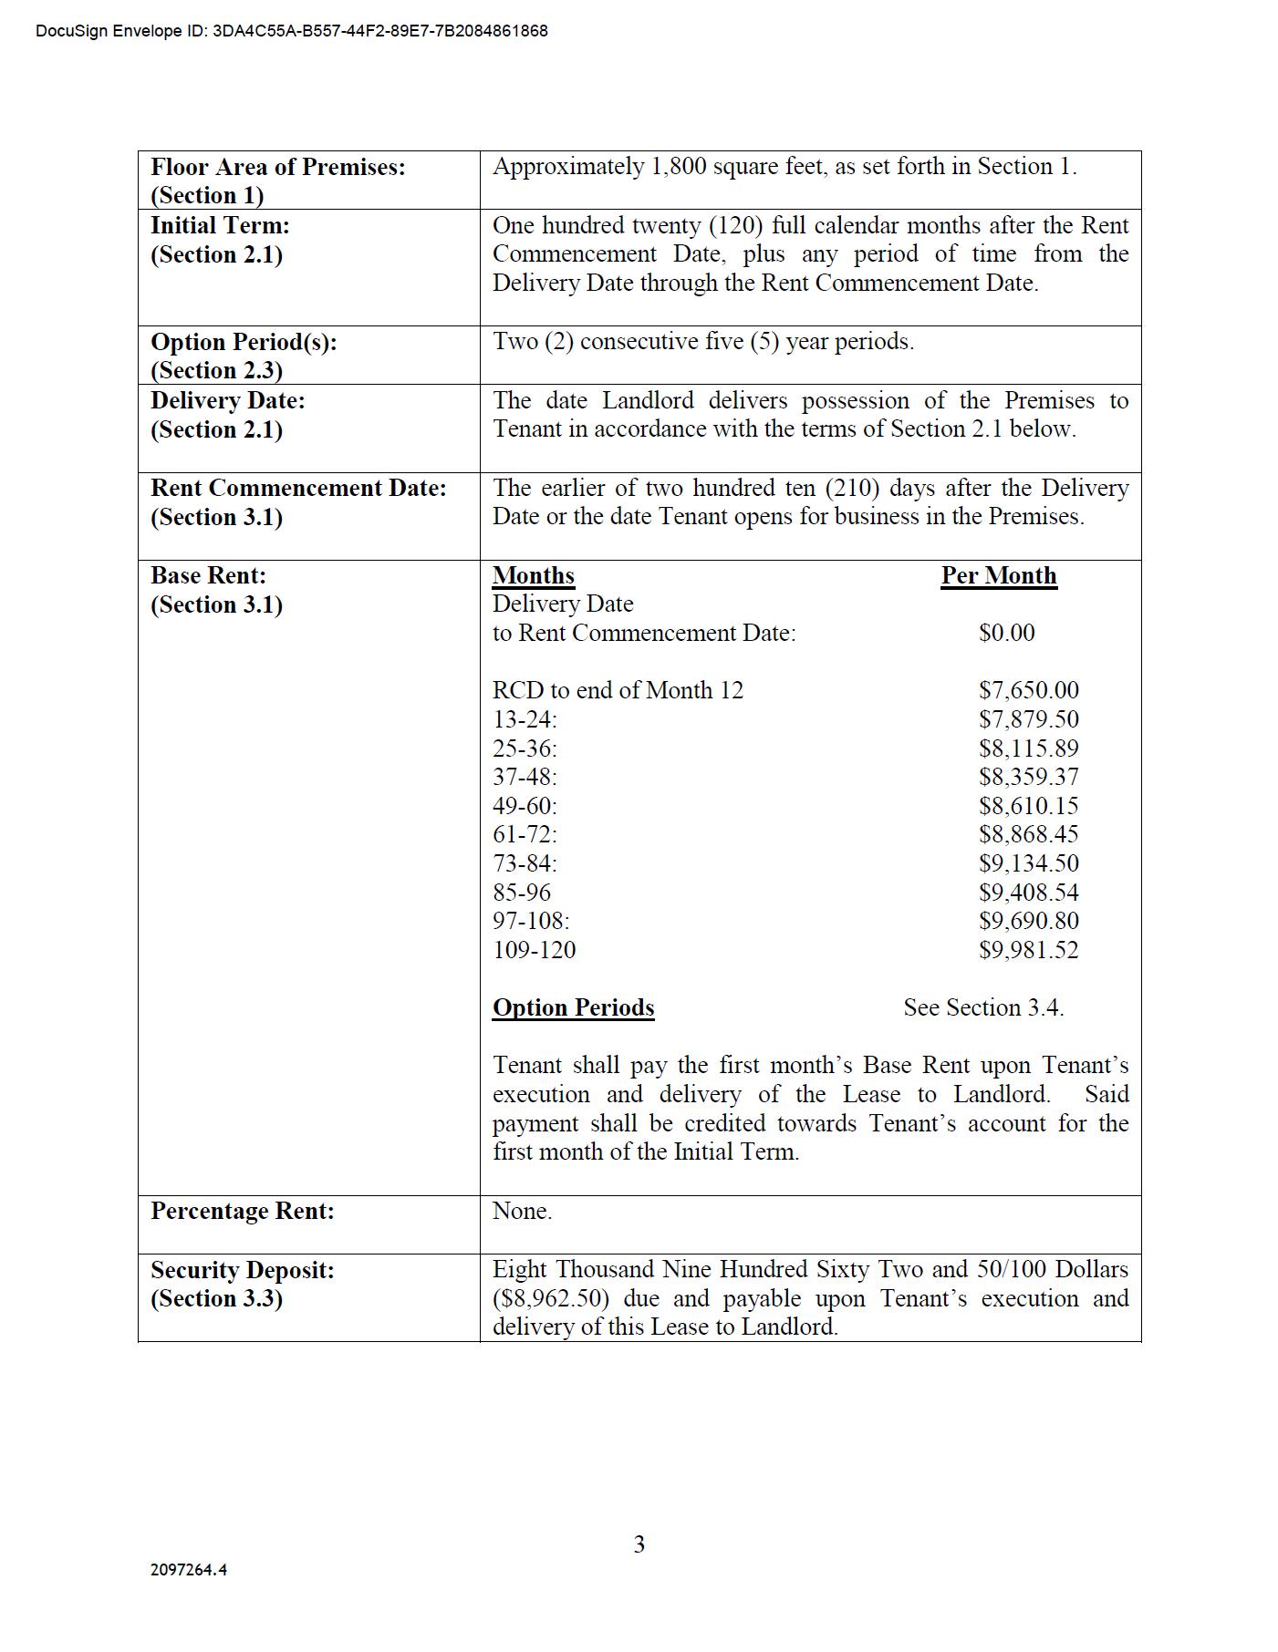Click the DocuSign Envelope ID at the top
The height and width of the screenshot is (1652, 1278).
click(x=292, y=31)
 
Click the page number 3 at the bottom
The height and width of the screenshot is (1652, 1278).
click(x=639, y=1544)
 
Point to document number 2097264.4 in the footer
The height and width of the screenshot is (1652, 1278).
click(x=189, y=1569)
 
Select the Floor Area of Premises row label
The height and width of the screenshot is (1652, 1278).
click(x=278, y=181)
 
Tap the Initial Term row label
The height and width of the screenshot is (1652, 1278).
click(x=220, y=240)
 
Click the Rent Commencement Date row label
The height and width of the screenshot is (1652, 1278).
click(x=298, y=502)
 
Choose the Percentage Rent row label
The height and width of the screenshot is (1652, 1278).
click(x=243, y=1211)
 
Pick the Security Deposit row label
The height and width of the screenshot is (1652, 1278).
click(x=243, y=1284)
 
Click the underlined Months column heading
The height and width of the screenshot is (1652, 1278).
click(x=534, y=576)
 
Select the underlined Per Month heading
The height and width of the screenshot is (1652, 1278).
click(x=999, y=576)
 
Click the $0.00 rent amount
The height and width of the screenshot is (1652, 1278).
click(x=1007, y=633)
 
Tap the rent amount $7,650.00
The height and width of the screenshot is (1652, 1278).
click(x=1029, y=690)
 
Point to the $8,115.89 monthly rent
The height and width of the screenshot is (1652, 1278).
click(x=1029, y=749)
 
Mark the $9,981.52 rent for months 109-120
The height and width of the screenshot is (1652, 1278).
click(x=1029, y=950)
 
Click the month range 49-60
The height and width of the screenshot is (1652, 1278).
click(x=525, y=806)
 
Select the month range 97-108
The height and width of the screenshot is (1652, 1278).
click(x=531, y=921)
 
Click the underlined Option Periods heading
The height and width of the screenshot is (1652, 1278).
click(x=574, y=1007)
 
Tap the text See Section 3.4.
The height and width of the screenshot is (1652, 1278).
click(x=983, y=1007)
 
